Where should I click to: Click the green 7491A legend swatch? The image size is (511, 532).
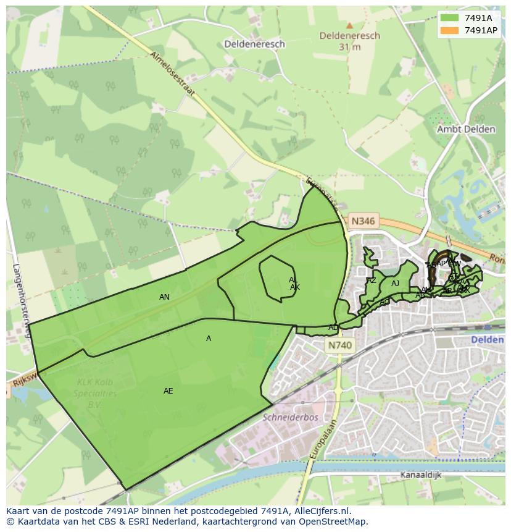450,17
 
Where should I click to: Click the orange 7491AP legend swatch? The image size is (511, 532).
450,30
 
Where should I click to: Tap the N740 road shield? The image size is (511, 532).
340,346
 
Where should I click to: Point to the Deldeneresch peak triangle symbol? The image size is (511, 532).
349,26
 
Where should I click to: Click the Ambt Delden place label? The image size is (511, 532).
466,129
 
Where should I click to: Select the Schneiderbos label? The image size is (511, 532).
290,417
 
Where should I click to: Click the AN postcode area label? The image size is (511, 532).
164,297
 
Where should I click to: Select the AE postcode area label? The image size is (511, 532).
168,391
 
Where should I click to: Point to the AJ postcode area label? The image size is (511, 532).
396,284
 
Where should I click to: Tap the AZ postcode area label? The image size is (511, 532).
372,281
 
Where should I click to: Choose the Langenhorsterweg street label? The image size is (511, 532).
21,301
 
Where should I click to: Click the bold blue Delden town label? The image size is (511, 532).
488,340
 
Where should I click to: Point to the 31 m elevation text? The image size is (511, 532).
349,47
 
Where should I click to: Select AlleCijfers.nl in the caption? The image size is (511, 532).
319,511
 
